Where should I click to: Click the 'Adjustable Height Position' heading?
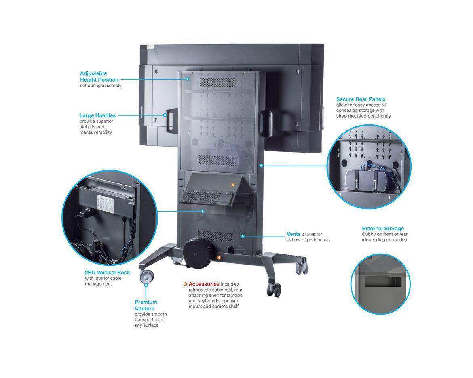click(99, 77)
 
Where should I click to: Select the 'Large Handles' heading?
click(97, 115)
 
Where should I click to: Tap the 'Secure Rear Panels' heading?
click(361, 99)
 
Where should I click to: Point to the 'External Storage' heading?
click(383, 229)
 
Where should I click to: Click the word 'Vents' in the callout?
click(294, 234)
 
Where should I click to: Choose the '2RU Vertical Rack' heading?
click(107, 273)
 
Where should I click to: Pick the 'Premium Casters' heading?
click(146, 305)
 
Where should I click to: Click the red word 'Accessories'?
click(204, 284)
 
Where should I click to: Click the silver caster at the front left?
click(146, 277)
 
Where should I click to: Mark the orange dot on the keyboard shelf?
click(233, 185)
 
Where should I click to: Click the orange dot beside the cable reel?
click(219, 257)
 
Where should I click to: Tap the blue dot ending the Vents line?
click(243, 236)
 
